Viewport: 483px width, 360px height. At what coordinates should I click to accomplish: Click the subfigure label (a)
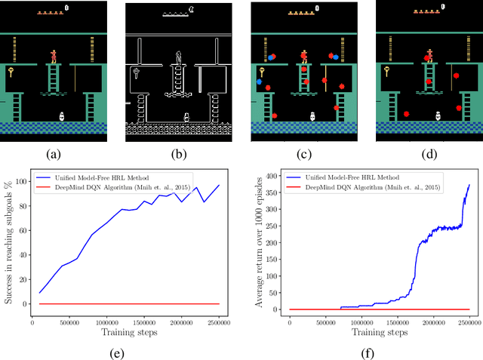(52, 154)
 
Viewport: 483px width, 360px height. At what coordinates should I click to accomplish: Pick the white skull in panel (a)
(63, 117)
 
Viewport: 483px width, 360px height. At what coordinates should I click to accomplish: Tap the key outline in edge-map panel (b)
(137, 73)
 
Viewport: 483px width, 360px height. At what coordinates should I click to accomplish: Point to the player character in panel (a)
(54, 56)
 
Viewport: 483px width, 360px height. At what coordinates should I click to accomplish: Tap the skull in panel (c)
(312, 117)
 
